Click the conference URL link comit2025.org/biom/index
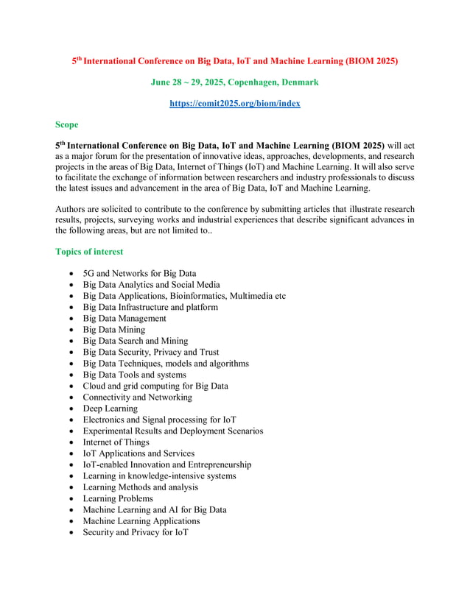point(234,104)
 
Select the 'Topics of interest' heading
point(89,252)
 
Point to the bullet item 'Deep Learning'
point(110,409)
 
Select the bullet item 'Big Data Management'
point(124,319)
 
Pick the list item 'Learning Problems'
point(118,498)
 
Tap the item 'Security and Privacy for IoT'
point(136,532)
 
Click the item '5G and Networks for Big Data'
point(139,274)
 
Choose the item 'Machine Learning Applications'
point(141,521)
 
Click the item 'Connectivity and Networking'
point(137,397)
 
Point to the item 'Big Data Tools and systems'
point(134,375)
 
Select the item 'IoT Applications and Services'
point(138,453)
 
